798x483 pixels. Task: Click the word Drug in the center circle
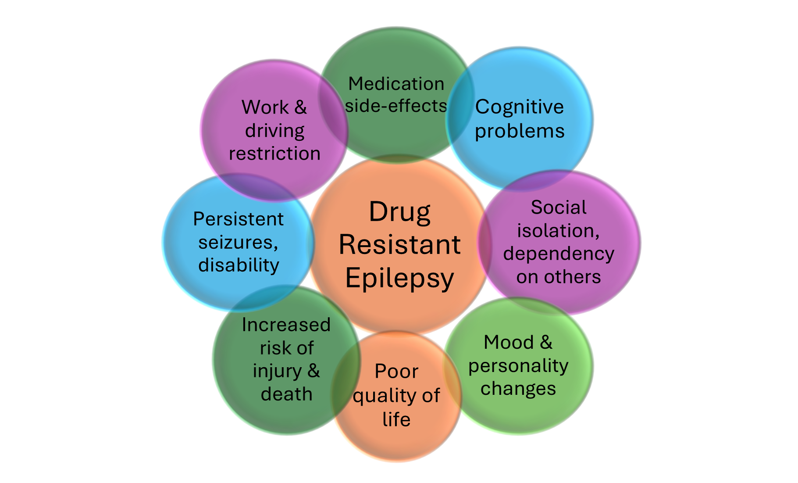pyautogui.click(x=399, y=213)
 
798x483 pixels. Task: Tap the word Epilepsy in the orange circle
pyautogui.click(x=399, y=279)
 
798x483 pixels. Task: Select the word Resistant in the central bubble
pyautogui.click(x=399, y=245)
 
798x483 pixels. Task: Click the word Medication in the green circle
pyautogui.click(x=396, y=84)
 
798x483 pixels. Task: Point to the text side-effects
pyautogui.click(x=396, y=106)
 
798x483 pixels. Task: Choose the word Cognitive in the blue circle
pyautogui.click(x=520, y=107)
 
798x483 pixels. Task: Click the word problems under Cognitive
pyautogui.click(x=520, y=131)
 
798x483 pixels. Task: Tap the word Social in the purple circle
pyautogui.click(x=559, y=208)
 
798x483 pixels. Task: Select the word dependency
pyautogui.click(x=559, y=254)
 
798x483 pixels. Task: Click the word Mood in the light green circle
pyautogui.click(x=509, y=343)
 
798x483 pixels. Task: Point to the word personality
pyautogui.click(x=518, y=366)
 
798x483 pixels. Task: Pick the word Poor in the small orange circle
pyautogui.click(x=396, y=372)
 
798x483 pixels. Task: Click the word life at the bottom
pyautogui.click(x=396, y=419)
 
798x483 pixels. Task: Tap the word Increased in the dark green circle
pyautogui.click(x=286, y=325)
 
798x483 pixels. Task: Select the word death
pyautogui.click(x=286, y=394)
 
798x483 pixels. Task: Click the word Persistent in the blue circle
pyautogui.click(x=239, y=219)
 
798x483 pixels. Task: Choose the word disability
pyautogui.click(x=239, y=265)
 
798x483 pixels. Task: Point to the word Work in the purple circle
pyautogui.click(x=265, y=107)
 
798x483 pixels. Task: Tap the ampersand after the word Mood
pyautogui.click(x=546, y=343)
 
